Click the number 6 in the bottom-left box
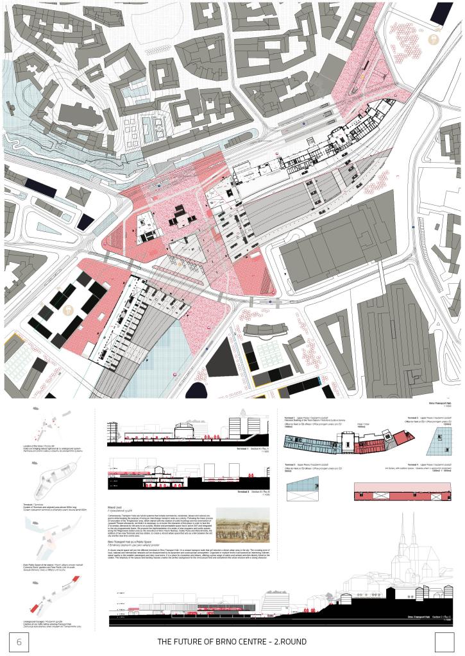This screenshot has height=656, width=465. pos(19,641)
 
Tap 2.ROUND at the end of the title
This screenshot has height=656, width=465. pos(288,641)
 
